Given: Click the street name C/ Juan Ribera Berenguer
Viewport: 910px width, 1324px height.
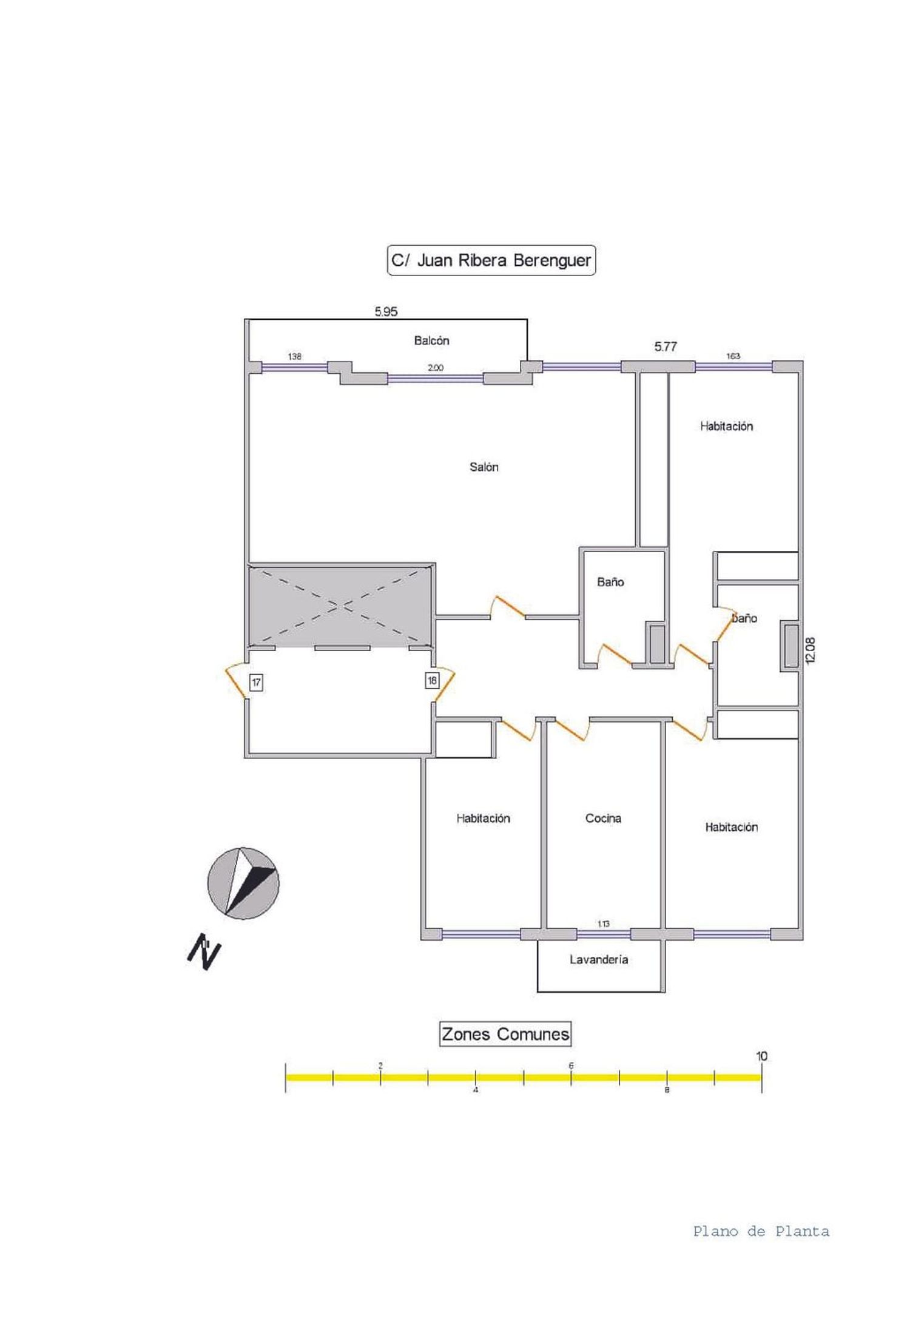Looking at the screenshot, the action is pyautogui.click(x=491, y=260).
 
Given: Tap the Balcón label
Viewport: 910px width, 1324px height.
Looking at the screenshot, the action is pyautogui.click(x=432, y=340).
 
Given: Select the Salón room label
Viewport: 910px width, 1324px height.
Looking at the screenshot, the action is pyautogui.click(x=484, y=467).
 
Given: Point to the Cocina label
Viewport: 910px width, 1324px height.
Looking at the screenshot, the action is pyautogui.click(x=603, y=818).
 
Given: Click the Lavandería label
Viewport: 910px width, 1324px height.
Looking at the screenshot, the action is pyautogui.click(x=599, y=959).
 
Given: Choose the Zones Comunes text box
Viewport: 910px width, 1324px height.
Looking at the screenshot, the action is pyautogui.click(x=505, y=1034).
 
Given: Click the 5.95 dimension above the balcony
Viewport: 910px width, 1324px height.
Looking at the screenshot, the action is pyautogui.click(x=386, y=311).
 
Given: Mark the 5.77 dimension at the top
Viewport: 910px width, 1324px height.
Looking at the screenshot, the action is pyautogui.click(x=666, y=346).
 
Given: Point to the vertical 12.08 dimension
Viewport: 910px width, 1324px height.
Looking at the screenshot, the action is pyautogui.click(x=811, y=650).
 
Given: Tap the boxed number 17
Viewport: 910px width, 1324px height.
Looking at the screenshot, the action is pyautogui.click(x=256, y=683).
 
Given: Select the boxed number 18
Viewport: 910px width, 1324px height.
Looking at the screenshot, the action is pyautogui.click(x=432, y=681).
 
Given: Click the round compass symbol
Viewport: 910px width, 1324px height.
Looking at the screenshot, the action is pyautogui.click(x=243, y=883).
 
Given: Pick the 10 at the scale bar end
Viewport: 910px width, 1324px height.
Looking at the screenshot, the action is pyautogui.click(x=761, y=1056).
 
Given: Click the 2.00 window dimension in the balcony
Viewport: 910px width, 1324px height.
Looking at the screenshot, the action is pyautogui.click(x=436, y=368).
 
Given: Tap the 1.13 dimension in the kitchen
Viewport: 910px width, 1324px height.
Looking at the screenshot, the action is pyautogui.click(x=603, y=924).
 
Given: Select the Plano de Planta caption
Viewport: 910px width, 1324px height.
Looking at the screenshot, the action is pyautogui.click(x=761, y=1231).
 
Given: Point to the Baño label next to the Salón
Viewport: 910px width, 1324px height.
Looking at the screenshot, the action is pyautogui.click(x=610, y=582).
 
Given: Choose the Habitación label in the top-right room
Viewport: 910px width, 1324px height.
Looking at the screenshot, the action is pyautogui.click(x=727, y=426).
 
